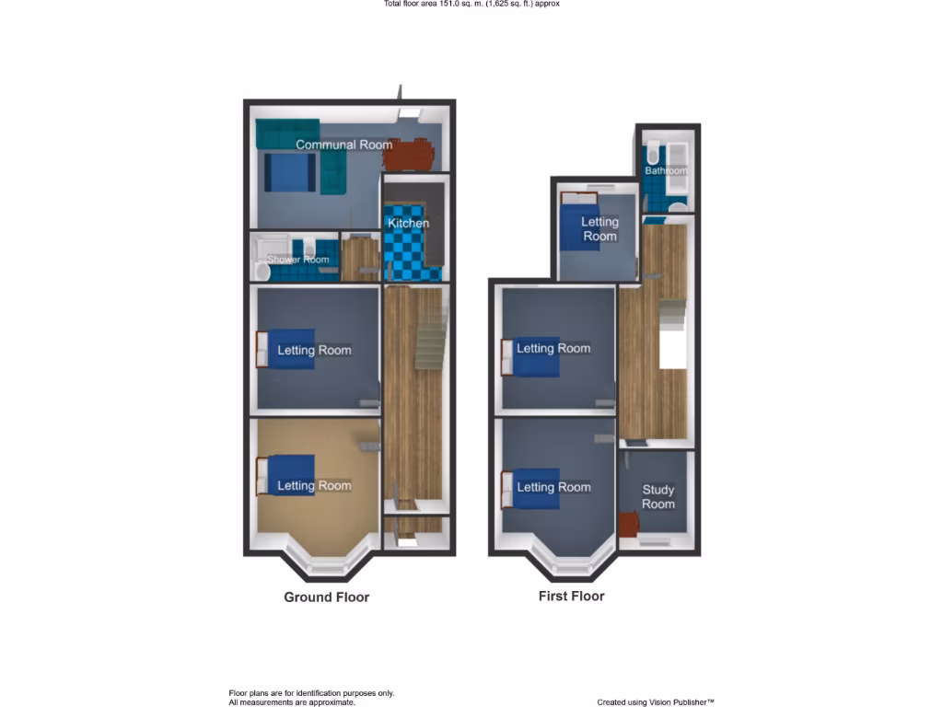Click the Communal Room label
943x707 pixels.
coord(343,145)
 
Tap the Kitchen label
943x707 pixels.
coord(408,224)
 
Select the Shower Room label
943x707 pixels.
coord(297,260)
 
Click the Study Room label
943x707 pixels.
coord(658,497)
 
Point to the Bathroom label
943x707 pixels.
coord(665,171)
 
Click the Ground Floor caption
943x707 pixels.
coord(326,597)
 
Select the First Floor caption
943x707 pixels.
coord(571,596)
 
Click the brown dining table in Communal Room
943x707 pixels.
coord(407,154)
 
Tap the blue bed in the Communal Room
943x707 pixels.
coord(289,172)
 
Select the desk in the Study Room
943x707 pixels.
coord(629,524)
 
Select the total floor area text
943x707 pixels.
coord(471,4)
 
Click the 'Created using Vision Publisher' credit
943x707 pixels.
coord(655,701)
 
